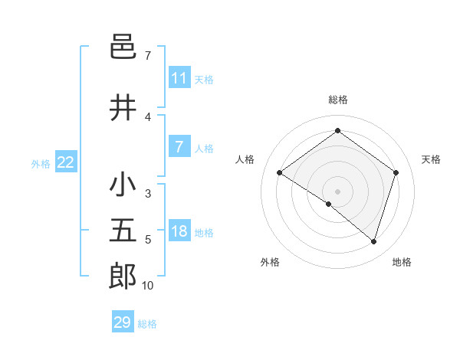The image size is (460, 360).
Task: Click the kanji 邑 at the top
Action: [x=123, y=47]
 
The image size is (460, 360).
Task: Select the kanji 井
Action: [x=123, y=108]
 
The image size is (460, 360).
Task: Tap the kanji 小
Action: [x=123, y=185]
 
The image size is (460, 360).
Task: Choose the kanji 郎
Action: [x=123, y=277]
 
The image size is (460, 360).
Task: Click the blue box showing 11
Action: [x=179, y=78]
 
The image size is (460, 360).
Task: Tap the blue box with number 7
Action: [x=179, y=146]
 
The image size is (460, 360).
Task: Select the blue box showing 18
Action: [x=179, y=231]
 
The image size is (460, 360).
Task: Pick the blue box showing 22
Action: [x=66, y=162]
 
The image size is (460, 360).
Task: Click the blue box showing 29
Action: [x=123, y=322]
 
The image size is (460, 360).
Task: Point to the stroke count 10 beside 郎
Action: [x=148, y=286]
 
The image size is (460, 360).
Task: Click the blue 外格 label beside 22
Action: [x=41, y=163]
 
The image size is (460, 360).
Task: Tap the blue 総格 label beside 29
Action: [x=147, y=324]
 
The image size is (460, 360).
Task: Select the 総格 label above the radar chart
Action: [x=337, y=100]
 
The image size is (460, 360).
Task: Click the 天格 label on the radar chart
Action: [x=431, y=159]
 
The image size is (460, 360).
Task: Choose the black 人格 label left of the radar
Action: [x=245, y=159]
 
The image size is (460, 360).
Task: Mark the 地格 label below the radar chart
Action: [x=401, y=262]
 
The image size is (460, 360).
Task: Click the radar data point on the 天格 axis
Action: [x=396, y=172]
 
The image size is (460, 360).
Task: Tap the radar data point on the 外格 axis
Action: [x=329, y=204]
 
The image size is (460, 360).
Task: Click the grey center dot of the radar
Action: [x=337, y=191]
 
